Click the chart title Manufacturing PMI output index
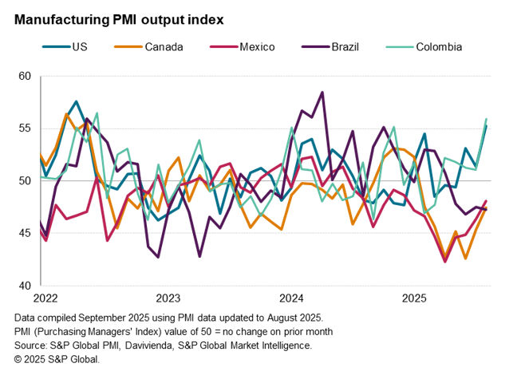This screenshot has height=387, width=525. point(119,18)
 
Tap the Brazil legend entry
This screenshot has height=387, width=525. point(345,46)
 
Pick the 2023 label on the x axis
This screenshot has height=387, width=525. point(168,298)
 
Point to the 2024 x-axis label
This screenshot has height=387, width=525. point(291,298)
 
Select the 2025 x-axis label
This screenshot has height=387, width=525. point(414,298)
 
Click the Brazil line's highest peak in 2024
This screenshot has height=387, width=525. point(322,93)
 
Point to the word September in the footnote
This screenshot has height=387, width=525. point(99,318)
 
